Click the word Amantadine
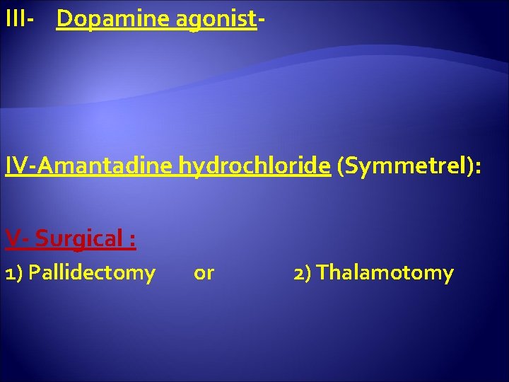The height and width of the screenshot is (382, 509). pyautogui.click(x=106, y=166)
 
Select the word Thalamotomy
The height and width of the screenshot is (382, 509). pyautogui.click(x=385, y=273)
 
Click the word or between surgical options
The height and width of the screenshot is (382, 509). pyautogui.click(x=204, y=273)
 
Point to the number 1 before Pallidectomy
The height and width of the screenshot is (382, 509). pyautogui.click(x=9, y=273)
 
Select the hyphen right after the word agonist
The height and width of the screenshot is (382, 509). pyautogui.click(x=261, y=21)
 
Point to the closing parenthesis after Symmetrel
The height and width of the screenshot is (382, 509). pyautogui.click(x=471, y=167)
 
